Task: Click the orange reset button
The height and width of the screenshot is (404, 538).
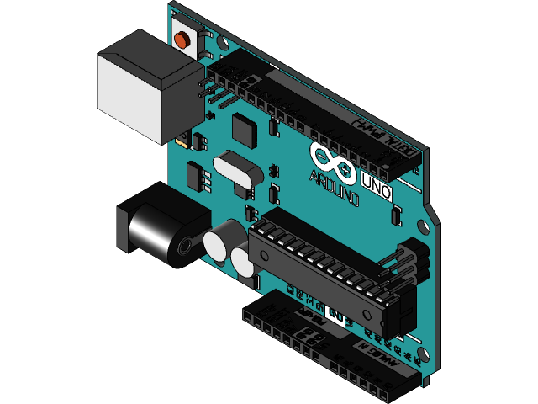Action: [182, 39]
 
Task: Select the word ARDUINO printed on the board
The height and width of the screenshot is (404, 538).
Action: [335, 187]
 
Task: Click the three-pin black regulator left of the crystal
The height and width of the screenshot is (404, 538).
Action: [198, 177]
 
